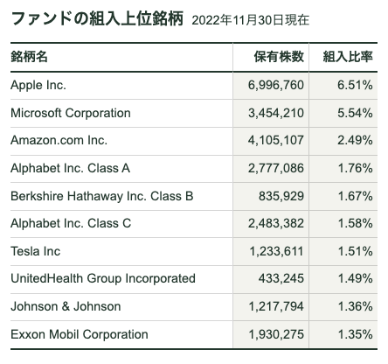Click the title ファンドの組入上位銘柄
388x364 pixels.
click(97, 18)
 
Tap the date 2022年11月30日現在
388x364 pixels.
click(251, 20)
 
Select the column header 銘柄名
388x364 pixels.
click(29, 56)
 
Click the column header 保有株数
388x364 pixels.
click(279, 56)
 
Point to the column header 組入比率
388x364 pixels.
click(348, 56)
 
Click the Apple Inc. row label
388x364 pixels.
click(38, 86)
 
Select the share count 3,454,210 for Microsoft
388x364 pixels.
click(276, 113)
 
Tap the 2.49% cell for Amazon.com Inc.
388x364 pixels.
click(355, 140)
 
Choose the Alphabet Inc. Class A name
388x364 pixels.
click(70, 168)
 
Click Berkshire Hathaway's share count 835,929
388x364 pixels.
click(281, 196)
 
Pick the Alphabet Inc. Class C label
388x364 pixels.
click(71, 223)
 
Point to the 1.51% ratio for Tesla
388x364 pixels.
click(355, 251)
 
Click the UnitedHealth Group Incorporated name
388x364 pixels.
click(103, 278)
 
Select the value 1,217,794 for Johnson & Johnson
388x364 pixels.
click(276, 306)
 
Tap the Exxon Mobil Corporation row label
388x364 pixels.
click(80, 334)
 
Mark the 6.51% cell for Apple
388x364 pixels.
click(355, 85)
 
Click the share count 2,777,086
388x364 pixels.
click(276, 168)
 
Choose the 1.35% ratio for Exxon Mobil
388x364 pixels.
click(355, 334)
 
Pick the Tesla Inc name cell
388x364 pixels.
click(36, 251)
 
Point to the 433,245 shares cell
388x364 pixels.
click(281, 278)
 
